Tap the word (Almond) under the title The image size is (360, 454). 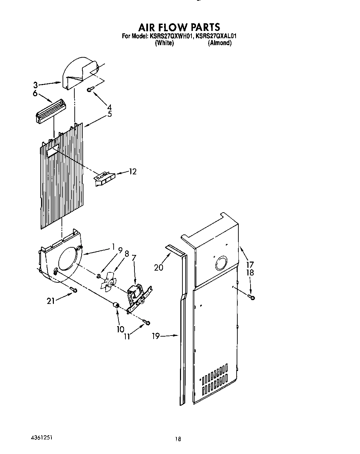pos(219,43)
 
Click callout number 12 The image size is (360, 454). pos(132,172)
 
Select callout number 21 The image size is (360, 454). pos(51,301)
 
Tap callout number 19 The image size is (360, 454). pos(156,336)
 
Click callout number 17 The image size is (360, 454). pos(250,265)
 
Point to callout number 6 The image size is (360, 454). pos(35,93)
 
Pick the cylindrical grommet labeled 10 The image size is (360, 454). pos(116,306)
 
